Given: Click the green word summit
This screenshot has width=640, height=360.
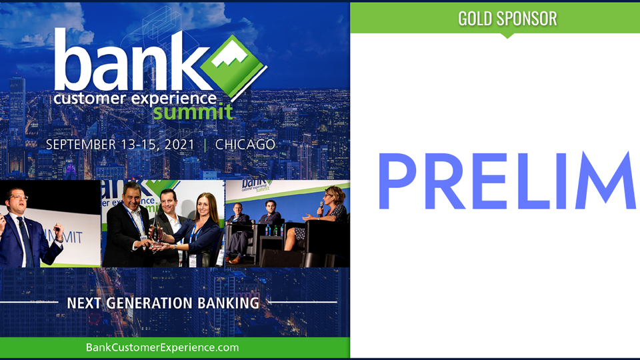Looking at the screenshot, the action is pyautogui.click(x=193, y=112).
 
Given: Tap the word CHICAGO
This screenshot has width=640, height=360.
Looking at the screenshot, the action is pyautogui.click(x=245, y=145).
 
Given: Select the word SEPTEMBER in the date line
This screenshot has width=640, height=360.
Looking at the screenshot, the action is pyautogui.click(x=81, y=145).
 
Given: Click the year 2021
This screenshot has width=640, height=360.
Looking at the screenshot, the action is pyautogui.click(x=179, y=145).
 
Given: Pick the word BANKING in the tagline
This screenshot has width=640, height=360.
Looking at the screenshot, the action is pyautogui.click(x=229, y=303).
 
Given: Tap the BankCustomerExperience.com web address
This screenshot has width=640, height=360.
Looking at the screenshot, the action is pyautogui.click(x=163, y=348).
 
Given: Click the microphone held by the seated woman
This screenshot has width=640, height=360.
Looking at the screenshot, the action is pyautogui.click(x=321, y=208).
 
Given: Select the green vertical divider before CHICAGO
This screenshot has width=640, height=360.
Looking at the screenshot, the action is pyautogui.click(x=205, y=145).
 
